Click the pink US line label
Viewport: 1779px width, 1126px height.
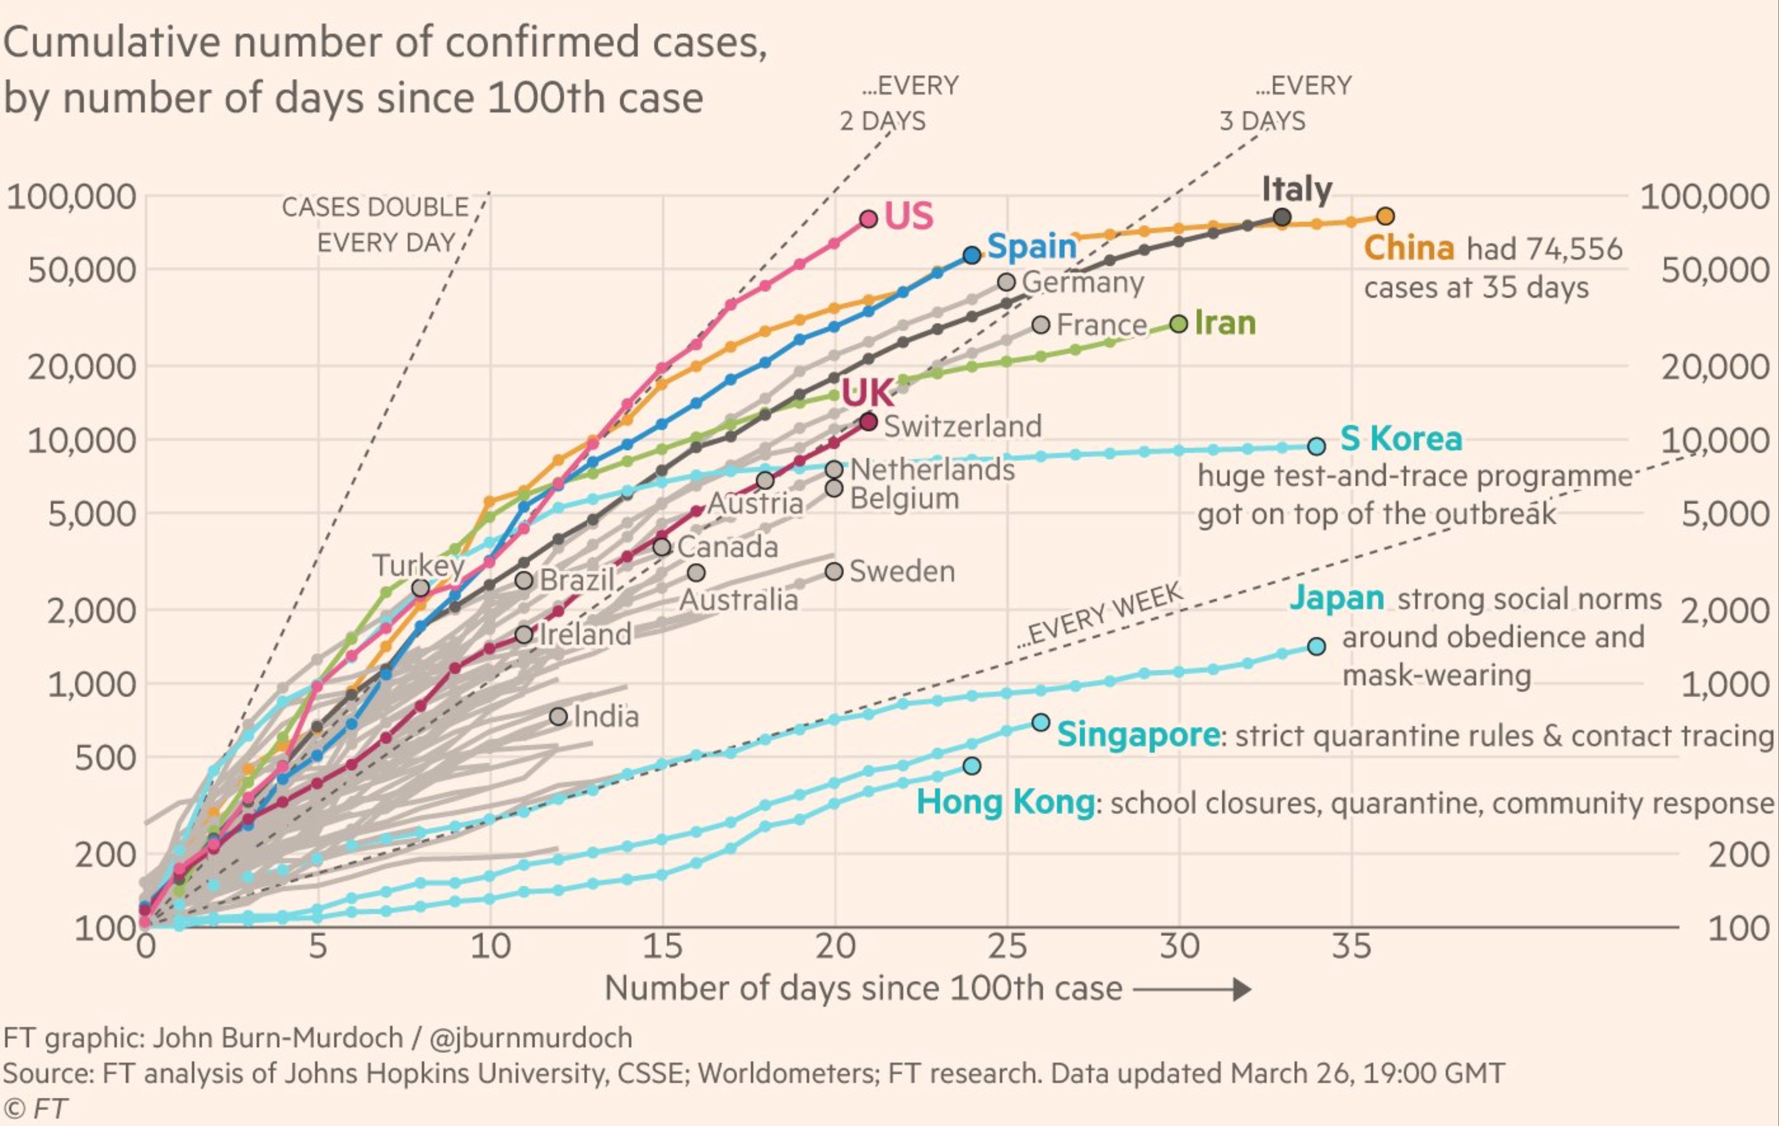tap(909, 216)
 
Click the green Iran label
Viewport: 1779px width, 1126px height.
tap(1225, 323)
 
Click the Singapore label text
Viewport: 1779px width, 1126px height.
tap(1138, 735)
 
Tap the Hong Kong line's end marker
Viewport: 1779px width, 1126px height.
tap(972, 765)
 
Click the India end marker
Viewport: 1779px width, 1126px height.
tap(559, 716)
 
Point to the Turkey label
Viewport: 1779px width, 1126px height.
tap(418, 565)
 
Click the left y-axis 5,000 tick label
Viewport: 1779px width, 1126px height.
tap(92, 514)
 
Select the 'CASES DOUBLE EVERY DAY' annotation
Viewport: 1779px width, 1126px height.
tap(376, 224)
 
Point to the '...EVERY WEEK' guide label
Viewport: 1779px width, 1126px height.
tap(1101, 615)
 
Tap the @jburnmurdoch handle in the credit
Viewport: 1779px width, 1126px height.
tap(530, 1038)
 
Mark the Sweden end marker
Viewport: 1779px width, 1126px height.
tap(834, 571)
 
